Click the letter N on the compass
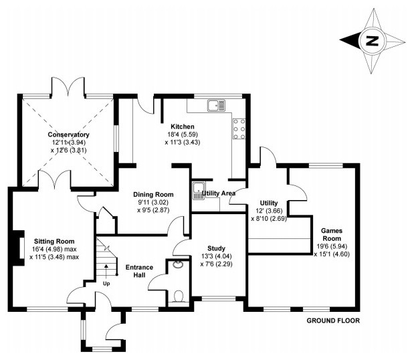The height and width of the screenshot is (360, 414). click(x=372, y=41)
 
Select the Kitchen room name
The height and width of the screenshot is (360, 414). click(x=182, y=126)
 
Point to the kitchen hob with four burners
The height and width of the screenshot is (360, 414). click(x=240, y=128)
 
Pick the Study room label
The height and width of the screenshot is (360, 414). click(x=215, y=248)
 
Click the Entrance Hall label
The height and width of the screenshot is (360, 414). click(x=139, y=272)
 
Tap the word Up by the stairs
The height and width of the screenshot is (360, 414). click(x=106, y=283)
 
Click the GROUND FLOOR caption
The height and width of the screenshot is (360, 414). click(x=333, y=321)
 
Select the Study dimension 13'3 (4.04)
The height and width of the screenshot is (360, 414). click(x=215, y=256)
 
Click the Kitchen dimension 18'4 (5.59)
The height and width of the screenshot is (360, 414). click(x=182, y=134)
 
